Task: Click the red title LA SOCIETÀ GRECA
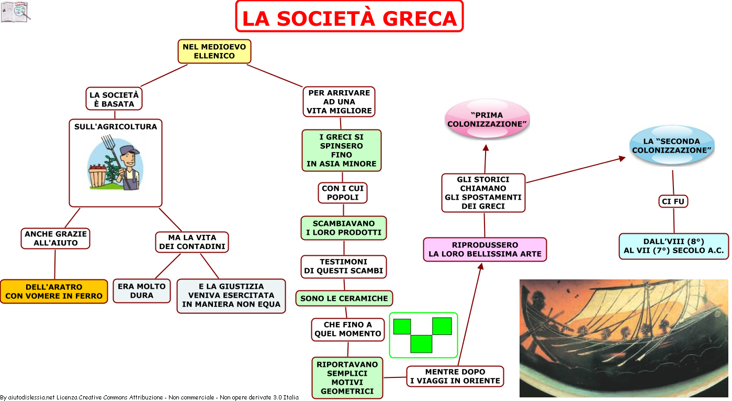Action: [350, 18]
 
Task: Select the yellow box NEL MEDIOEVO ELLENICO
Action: [215, 51]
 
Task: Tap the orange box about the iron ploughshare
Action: [54, 291]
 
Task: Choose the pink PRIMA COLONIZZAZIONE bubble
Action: [487, 119]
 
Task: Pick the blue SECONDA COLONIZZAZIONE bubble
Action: [672, 145]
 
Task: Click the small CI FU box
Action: [673, 201]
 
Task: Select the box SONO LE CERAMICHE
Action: [344, 298]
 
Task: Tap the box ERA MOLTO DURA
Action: [142, 291]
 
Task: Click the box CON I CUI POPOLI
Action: [343, 193]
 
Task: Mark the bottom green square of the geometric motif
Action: [421, 344]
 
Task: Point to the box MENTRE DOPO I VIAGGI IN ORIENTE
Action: [455, 376]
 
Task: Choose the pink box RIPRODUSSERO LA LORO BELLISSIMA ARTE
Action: [485, 250]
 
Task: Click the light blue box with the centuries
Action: [674, 246]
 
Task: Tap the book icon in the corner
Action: [15, 12]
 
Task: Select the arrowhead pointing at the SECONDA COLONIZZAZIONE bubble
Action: [622, 159]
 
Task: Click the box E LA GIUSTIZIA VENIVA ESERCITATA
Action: [231, 296]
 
